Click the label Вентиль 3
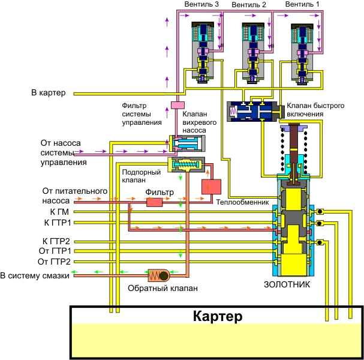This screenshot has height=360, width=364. (x=202, y=5)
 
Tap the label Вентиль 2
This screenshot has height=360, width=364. (x=250, y=5)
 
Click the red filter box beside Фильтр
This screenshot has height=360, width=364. (x=155, y=202)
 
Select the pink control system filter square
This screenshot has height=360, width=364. (x=177, y=105)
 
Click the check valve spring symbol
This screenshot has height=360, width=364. (x=161, y=275)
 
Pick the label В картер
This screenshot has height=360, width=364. (x=50, y=93)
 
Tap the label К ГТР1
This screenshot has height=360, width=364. (x=57, y=223)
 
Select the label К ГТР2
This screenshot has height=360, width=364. (x=57, y=242)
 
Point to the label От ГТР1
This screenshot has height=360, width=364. (x=55, y=251)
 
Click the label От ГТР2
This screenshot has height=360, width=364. (x=55, y=262)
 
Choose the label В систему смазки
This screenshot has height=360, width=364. (x=35, y=275)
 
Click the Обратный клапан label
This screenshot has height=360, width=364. (x=163, y=287)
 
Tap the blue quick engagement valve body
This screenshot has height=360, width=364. (x=252, y=112)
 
